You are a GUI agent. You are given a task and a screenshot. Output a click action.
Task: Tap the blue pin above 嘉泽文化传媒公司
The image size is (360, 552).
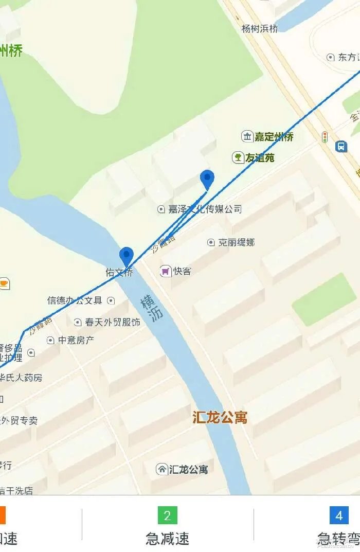(x=207, y=179)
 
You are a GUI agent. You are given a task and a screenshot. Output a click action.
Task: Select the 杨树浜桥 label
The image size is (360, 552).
(x=260, y=29)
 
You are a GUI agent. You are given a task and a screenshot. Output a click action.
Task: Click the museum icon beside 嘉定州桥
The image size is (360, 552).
(x=247, y=136)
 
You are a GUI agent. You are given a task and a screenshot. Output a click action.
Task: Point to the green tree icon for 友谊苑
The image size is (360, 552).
(x=238, y=157)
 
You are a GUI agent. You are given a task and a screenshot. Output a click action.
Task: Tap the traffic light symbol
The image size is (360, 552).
(x=325, y=137)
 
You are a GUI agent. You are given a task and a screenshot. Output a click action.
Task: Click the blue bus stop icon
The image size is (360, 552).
(x=341, y=147)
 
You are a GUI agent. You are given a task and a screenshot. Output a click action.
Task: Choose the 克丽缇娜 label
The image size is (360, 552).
(x=236, y=242)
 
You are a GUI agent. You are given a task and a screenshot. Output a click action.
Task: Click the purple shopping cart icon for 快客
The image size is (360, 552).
(x=165, y=271)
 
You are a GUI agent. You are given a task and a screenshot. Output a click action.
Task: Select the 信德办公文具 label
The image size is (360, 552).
(x=75, y=300)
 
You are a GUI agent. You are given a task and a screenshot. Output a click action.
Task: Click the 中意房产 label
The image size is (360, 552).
(x=76, y=340)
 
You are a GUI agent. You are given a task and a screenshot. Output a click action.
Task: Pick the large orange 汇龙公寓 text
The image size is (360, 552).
(x=220, y=417)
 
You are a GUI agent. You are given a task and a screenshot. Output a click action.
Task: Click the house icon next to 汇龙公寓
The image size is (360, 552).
(x=162, y=469)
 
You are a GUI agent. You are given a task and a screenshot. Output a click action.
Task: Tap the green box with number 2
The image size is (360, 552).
(x=167, y=515)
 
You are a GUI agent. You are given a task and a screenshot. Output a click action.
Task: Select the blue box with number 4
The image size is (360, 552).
(x=339, y=515)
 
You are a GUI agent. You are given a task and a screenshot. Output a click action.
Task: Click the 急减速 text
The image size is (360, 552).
(x=167, y=539)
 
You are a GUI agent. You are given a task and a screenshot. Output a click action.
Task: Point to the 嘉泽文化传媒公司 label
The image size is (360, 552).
(x=205, y=209)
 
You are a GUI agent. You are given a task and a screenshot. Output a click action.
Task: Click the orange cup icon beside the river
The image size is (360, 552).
(x=4, y=283)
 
